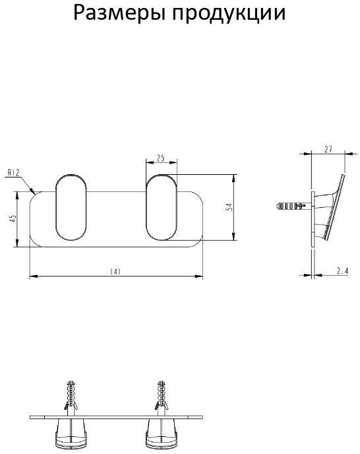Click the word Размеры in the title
click(x=119, y=14)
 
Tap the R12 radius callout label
click(x=13, y=173)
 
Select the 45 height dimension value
click(x=12, y=219)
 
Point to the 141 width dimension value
click(x=115, y=272)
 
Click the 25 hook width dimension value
click(x=161, y=158)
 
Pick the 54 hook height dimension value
click(x=229, y=207)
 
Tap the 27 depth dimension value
click(x=328, y=149)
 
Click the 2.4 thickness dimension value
click(x=343, y=271)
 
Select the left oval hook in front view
click(x=71, y=207)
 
